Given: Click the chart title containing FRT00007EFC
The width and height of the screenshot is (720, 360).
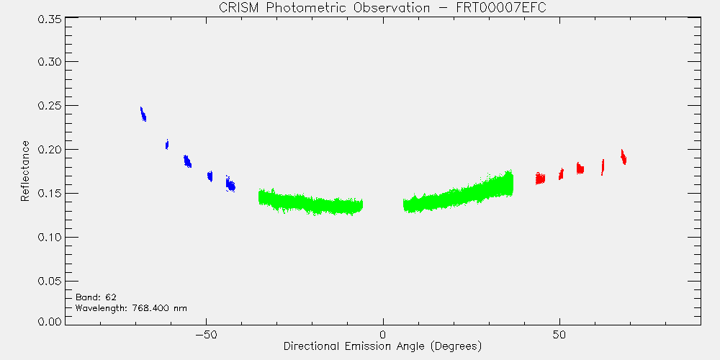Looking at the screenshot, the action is [x=382, y=8].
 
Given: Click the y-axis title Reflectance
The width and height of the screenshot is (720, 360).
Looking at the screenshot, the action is [x=25, y=171].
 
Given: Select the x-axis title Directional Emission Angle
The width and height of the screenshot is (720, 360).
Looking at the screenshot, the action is [x=382, y=346].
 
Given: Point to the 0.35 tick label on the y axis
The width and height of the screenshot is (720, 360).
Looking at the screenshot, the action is [x=49, y=20].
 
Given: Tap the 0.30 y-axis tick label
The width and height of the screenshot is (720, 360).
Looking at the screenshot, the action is [x=49, y=61].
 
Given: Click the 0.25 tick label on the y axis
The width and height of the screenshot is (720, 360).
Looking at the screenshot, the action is [x=49, y=106].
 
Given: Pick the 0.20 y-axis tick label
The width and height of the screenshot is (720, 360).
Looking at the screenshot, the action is [x=49, y=150].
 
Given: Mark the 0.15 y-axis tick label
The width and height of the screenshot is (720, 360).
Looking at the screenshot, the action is [x=49, y=193].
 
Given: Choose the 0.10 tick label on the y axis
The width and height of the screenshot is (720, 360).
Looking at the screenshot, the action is [x=49, y=238].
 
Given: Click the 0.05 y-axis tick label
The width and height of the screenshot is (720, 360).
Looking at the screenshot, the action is [x=49, y=281].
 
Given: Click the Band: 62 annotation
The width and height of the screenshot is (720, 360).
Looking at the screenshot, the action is [x=96, y=297].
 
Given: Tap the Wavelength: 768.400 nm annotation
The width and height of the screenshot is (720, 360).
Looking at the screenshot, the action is [x=131, y=308].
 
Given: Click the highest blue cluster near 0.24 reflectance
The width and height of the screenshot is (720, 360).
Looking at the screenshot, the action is [x=143, y=114].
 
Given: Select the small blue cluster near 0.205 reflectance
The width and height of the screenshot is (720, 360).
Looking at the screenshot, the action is [x=167, y=144].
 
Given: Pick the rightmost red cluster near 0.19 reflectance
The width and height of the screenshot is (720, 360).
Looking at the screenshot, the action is [x=623, y=156].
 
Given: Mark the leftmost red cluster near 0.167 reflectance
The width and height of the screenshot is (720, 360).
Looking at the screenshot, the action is [x=540, y=178].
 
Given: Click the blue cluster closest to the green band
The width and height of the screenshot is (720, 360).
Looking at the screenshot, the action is [x=230, y=184].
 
